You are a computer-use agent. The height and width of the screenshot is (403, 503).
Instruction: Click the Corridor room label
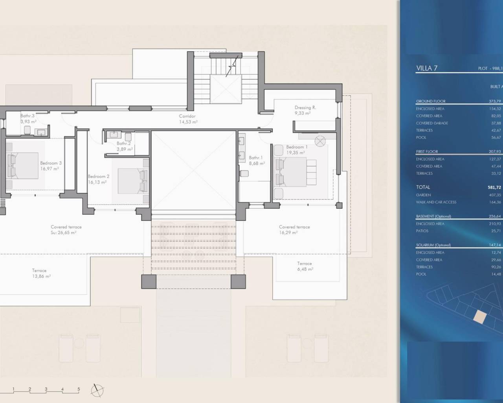[x=187, y=116]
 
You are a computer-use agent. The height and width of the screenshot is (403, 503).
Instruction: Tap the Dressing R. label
[x=305, y=107]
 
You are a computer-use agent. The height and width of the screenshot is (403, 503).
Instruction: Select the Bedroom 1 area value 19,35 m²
[x=296, y=153]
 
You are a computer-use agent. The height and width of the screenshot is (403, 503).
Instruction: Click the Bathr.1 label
[x=256, y=158]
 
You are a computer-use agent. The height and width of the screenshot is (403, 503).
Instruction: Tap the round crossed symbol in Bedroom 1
[x=321, y=140]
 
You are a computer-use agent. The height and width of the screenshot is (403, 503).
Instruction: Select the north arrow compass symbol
[x=97, y=390]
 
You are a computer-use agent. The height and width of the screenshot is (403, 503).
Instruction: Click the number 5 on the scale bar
[x=79, y=389]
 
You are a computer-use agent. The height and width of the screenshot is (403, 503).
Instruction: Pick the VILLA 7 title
[x=427, y=68]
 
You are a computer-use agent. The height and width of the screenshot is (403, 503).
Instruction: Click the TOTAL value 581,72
[x=494, y=187]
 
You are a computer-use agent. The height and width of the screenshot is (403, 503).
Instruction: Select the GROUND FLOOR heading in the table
[x=431, y=101]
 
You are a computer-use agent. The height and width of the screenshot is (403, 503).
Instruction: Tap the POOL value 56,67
[x=496, y=137]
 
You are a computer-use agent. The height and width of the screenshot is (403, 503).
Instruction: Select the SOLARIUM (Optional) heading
[x=433, y=245]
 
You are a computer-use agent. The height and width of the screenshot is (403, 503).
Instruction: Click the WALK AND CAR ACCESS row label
[x=436, y=202]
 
